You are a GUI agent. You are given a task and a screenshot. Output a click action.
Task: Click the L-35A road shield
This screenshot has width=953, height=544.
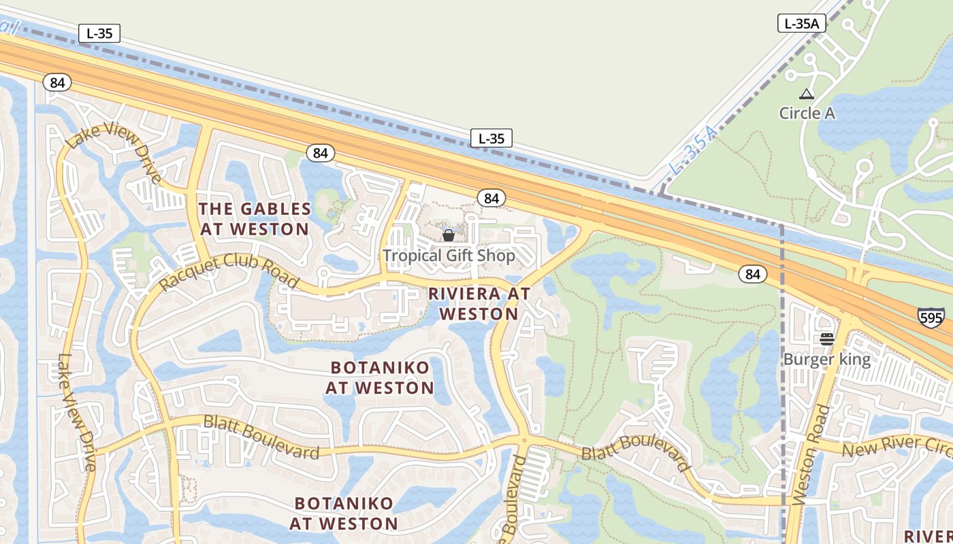(x=802, y=23)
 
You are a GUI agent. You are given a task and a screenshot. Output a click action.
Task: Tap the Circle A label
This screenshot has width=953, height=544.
(x=807, y=113)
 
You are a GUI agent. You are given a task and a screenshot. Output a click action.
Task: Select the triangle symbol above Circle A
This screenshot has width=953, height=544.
(x=807, y=94)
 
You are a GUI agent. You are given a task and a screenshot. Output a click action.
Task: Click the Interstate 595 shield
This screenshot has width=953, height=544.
(x=931, y=318)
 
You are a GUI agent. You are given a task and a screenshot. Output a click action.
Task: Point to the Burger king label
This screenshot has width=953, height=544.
(x=827, y=359)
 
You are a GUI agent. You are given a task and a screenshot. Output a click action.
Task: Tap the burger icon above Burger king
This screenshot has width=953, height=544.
(x=827, y=339)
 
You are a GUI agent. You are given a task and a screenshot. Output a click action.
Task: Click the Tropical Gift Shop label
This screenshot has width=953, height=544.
(x=449, y=256)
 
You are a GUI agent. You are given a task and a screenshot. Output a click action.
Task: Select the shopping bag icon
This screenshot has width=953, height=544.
(x=449, y=235)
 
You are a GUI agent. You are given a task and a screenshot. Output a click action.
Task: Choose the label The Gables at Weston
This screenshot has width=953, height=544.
(x=255, y=219)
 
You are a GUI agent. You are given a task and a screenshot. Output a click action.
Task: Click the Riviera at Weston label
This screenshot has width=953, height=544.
(x=479, y=303)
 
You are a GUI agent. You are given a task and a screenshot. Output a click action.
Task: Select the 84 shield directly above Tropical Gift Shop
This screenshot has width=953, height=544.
(x=491, y=198)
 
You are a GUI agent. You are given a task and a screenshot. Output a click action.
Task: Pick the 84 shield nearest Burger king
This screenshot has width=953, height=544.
(x=752, y=274)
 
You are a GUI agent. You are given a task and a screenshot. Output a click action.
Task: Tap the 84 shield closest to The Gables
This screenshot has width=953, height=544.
(x=320, y=153)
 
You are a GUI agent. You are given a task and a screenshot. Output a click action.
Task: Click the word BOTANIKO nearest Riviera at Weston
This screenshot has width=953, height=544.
(x=380, y=368)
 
